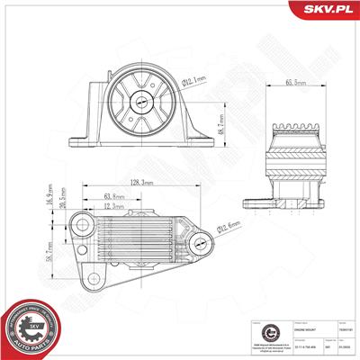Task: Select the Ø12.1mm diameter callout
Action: click(193, 82)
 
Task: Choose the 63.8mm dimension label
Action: click(114, 195)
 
